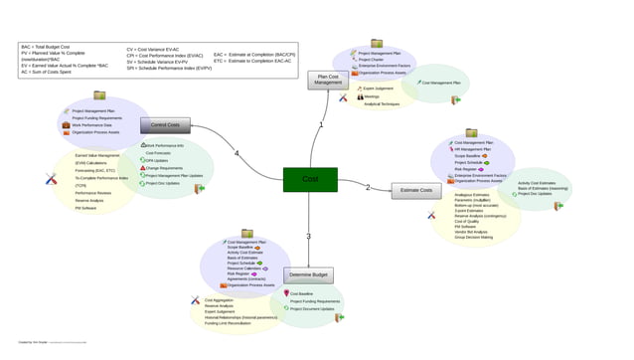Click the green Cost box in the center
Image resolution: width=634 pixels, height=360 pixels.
click(x=310, y=180)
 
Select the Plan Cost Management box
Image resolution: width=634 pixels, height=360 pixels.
click(x=328, y=80)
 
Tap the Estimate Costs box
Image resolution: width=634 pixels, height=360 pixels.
click(x=416, y=191)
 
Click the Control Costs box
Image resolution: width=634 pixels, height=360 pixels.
click(x=165, y=125)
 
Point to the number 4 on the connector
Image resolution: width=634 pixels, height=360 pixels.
click(x=236, y=153)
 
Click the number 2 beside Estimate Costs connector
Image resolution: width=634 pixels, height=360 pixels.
click(x=368, y=187)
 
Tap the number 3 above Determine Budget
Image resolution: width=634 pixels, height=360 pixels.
click(x=309, y=237)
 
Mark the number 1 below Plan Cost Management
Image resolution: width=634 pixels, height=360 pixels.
click(x=321, y=125)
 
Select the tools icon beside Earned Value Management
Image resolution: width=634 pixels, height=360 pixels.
click(x=52, y=179)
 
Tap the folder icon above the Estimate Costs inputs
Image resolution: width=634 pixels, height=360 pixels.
click(x=471, y=132)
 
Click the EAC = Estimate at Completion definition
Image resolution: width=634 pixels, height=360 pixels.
click(x=253, y=55)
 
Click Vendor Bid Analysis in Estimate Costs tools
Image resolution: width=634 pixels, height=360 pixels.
click(x=475, y=232)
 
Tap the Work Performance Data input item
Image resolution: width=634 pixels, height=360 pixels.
click(x=91, y=125)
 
